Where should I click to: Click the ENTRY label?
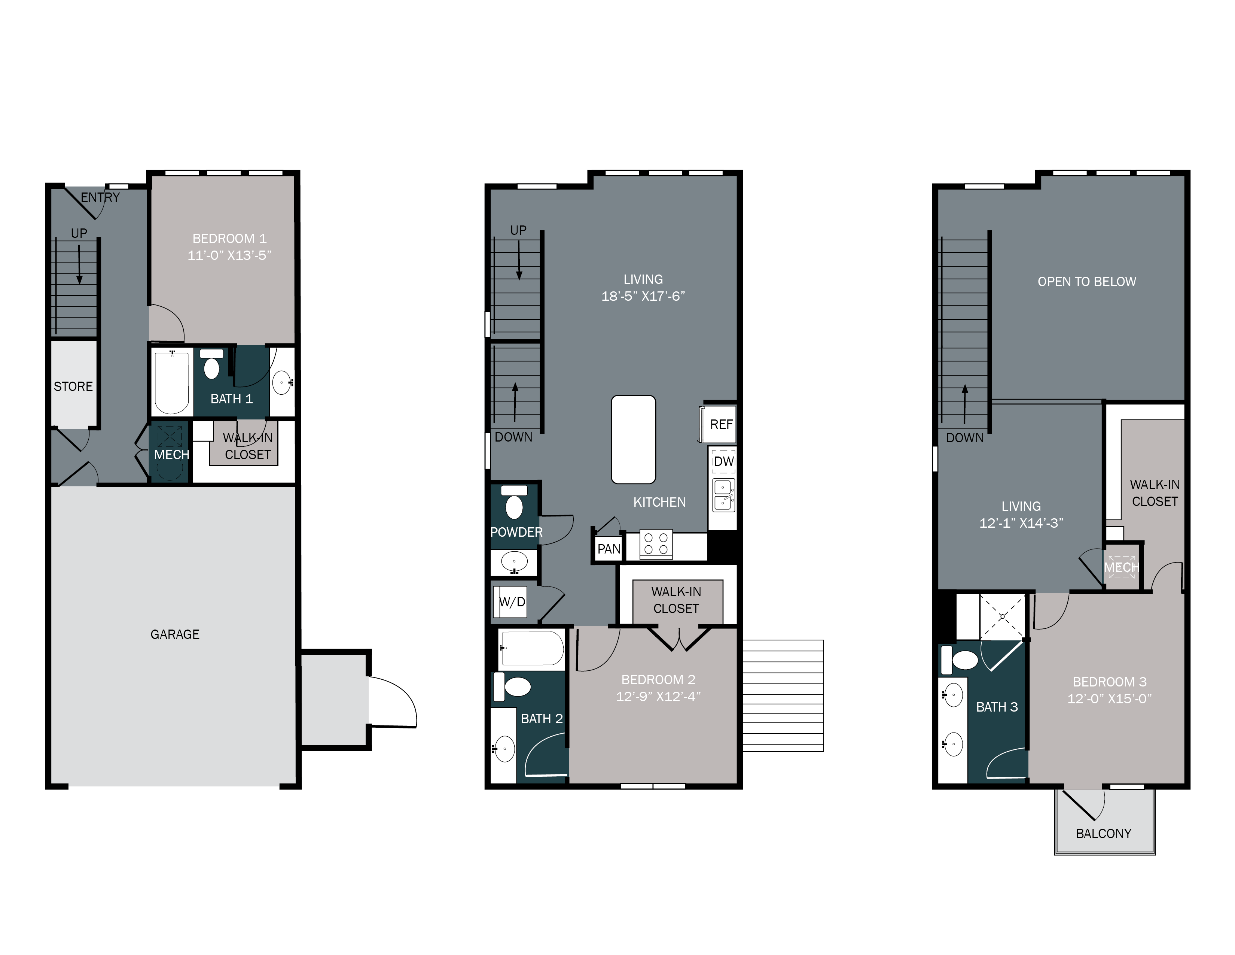(100, 197)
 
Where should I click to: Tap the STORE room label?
(73, 386)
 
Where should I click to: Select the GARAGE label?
(175, 634)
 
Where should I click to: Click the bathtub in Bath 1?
(172, 382)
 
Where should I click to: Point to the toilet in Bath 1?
(211, 365)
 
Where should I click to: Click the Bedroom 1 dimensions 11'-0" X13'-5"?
(229, 255)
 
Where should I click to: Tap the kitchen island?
(633, 440)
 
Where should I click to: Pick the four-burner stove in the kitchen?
(656, 544)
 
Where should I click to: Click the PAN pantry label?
(609, 549)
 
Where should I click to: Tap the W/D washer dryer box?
(512, 602)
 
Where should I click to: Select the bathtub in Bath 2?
(531, 648)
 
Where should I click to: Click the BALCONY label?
(1103, 833)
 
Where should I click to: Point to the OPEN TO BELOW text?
(1086, 282)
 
